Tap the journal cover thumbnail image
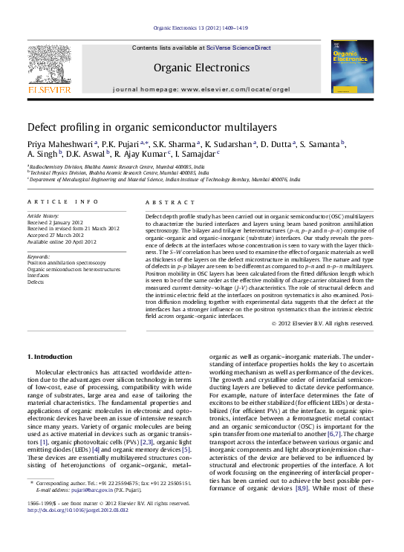tap(352, 67)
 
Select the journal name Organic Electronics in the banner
tap(201, 67)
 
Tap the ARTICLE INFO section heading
tap(62, 202)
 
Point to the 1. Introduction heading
tap(50, 357)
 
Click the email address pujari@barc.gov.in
tap(88, 511)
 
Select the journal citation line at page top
tap(201, 28)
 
